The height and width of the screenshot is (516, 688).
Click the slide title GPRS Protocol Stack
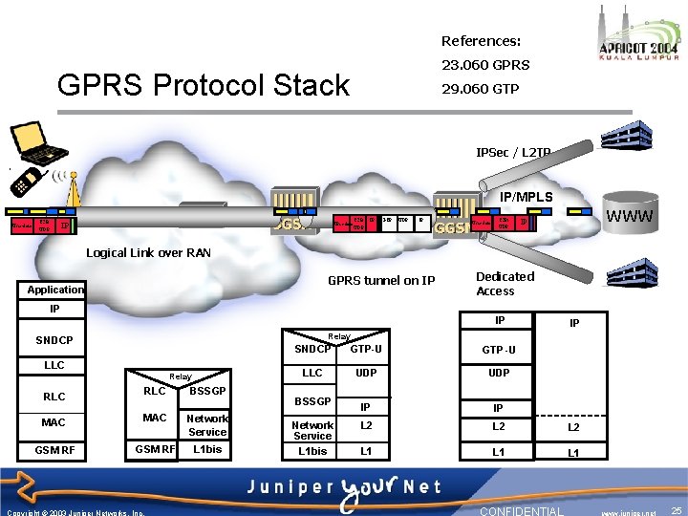click(x=204, y=85)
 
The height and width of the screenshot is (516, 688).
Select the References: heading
click(x=481, y=41)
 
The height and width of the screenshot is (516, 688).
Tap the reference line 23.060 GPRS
click(x=484, y=65)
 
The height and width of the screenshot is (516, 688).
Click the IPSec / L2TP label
click(x=513, y=153)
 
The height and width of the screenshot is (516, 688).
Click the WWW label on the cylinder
click(x=631, y=216)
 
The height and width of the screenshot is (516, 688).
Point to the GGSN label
click(x=452, y=228)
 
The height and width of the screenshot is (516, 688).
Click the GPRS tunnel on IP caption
click(x=380, y=281)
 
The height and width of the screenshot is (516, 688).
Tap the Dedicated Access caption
click(x=505, y=284)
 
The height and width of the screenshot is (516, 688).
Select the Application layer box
click(x=55, y=290)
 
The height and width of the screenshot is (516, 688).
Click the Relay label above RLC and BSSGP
click(x=180, y=377)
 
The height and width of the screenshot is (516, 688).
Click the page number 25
click(x=677, y=511)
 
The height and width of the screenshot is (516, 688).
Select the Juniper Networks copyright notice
click(x=75, y=512)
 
